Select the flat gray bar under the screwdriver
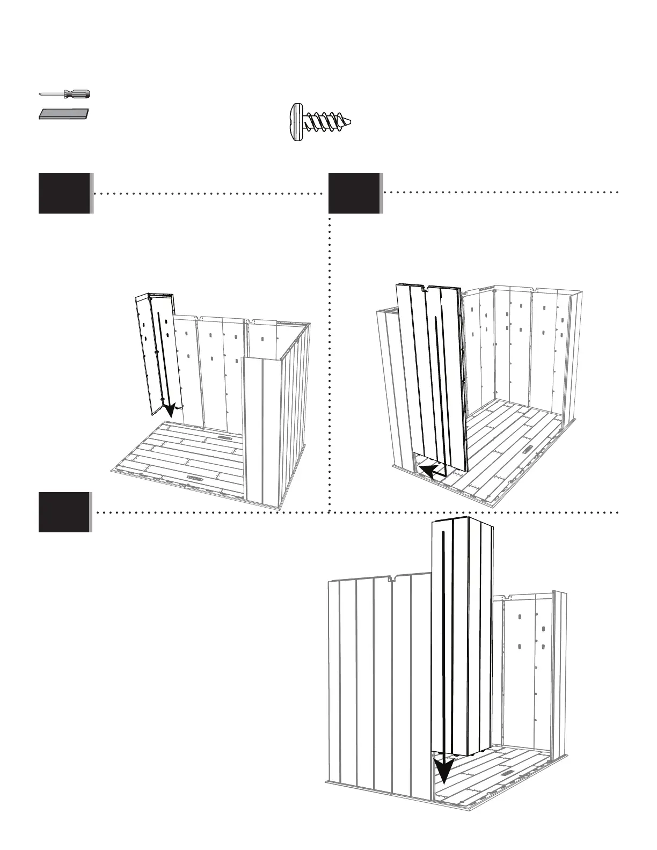pos(64,114)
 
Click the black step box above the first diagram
pos(64,193)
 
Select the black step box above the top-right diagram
pos(354,193)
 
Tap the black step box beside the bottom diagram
pos(64,512)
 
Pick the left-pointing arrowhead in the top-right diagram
pos(427,471)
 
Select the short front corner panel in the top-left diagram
pos(263,429)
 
